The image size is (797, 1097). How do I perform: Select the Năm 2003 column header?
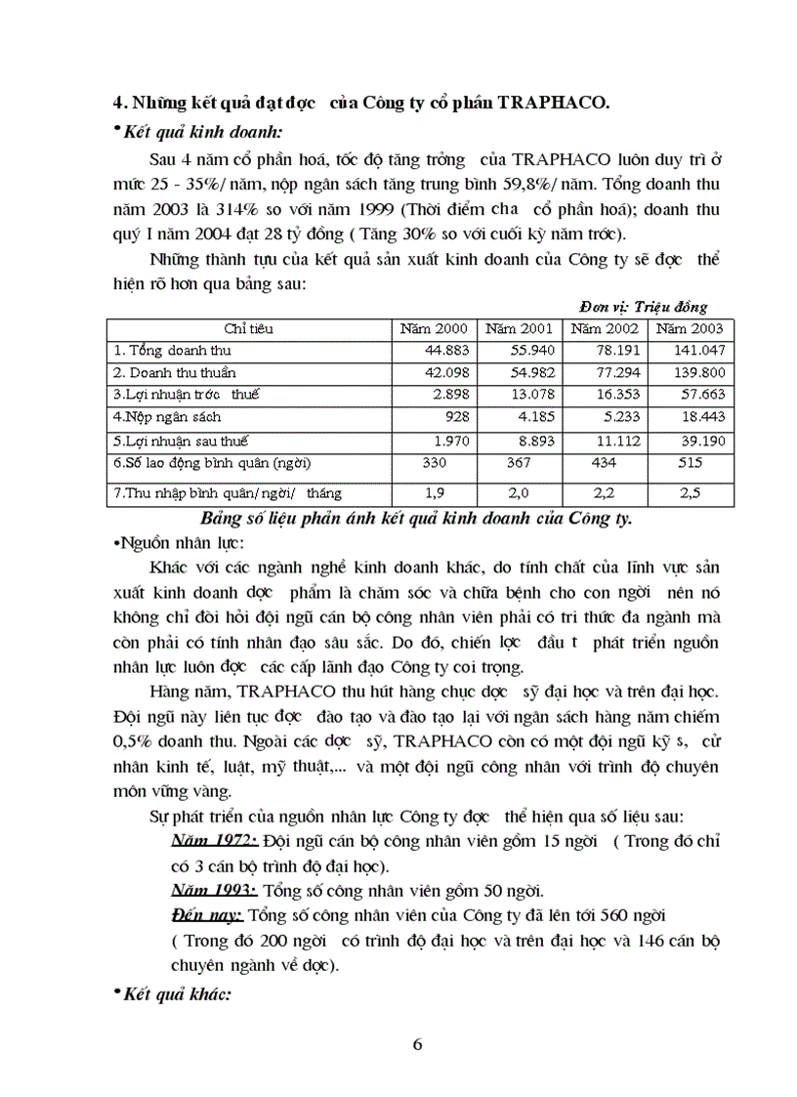coord(690,328)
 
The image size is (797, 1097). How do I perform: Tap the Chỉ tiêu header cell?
coord(248,328)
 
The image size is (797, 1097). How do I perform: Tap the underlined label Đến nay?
coord(206,915)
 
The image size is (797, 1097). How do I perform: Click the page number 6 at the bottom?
coord(418,1044)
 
